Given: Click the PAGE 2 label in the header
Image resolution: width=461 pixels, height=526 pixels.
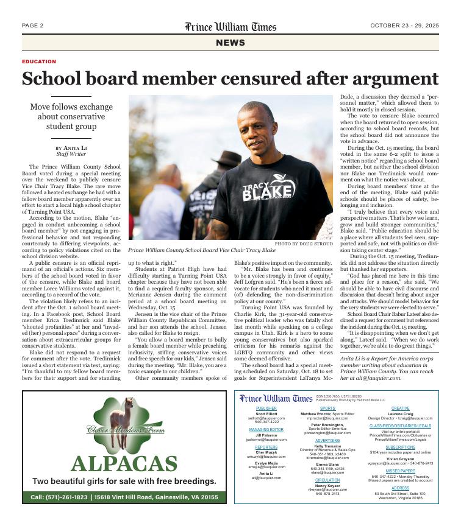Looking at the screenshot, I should [32, 26].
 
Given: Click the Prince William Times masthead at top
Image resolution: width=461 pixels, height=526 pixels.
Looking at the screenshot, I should [230, 27].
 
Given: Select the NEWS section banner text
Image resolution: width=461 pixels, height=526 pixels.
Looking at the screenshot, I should [230, 43].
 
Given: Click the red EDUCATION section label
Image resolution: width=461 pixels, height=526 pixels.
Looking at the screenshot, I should [39, 62].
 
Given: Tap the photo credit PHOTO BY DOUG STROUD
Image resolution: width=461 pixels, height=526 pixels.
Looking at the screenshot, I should [305, 244].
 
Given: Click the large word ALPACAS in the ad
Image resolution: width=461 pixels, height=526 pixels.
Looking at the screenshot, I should [124, 464].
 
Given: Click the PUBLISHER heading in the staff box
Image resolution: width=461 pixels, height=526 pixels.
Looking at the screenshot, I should [266, 409].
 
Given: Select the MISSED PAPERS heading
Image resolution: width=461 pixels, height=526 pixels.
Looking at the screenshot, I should [400, 471].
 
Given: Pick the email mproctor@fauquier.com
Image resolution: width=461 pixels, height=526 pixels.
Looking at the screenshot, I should [327, 419].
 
